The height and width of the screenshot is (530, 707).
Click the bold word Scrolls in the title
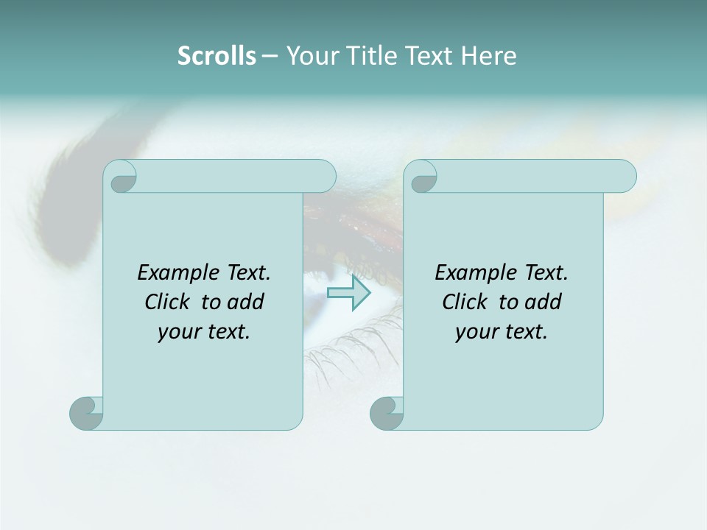coord(217,56)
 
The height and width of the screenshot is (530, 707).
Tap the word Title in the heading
coord(368,56)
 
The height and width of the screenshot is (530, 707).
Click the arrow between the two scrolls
coord(349,292)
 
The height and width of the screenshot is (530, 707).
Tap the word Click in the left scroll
coord(168,302)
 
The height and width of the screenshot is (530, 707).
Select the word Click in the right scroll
coord(465,302)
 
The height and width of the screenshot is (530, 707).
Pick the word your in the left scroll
coord(177,333)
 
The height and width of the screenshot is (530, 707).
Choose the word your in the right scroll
coord(474,333)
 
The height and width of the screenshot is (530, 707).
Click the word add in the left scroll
coord(246,302)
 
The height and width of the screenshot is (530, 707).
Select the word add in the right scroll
coord(544,302)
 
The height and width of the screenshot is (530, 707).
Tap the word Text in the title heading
coord(428,56)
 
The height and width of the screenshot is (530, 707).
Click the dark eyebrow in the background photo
coord(81,184)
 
